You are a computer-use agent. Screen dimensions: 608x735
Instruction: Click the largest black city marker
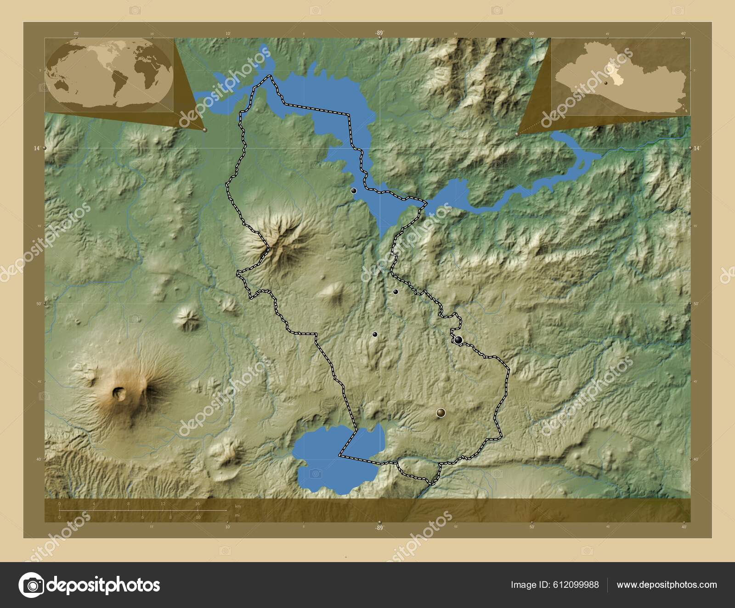pyautogui.click(x=458, y=340)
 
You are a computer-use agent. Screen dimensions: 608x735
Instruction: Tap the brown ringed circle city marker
pyautogui.click(x=441, y=413)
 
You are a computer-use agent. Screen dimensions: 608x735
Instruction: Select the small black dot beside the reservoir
pyautogui.click(x=353, y=191)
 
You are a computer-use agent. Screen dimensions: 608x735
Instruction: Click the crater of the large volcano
pyautogui.click(x=119, y=393)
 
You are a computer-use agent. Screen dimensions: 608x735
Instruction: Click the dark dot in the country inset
pyautogui.click(x=606, y=83)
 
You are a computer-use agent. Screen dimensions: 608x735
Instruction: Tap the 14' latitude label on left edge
pyautogui.click(x=36, y=148)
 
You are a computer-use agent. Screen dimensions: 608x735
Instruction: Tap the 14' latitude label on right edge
pyautogui.click(x=697, y=148)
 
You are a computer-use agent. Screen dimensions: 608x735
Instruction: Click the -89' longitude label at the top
pyautogui.click(x=379, y=33)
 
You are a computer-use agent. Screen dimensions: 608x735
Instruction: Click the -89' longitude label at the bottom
pyautogui.click(x=379, y=528)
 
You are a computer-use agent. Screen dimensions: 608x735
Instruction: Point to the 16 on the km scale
pyautogui.click(x=197, y=504)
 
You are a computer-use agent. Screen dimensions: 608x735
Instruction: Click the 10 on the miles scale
pyautogui.click(x=198, y=518)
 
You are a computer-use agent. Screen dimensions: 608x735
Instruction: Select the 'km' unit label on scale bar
pyautogui.click(x=237, y=506)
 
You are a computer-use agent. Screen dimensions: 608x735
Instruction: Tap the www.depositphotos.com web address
pyautogui.click(x=667, y=585)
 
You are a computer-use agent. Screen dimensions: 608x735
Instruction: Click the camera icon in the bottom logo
pyautogui.click(x=31, y=585)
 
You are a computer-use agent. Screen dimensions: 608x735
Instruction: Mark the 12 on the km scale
pyautogui.click(x=163, y=504)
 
